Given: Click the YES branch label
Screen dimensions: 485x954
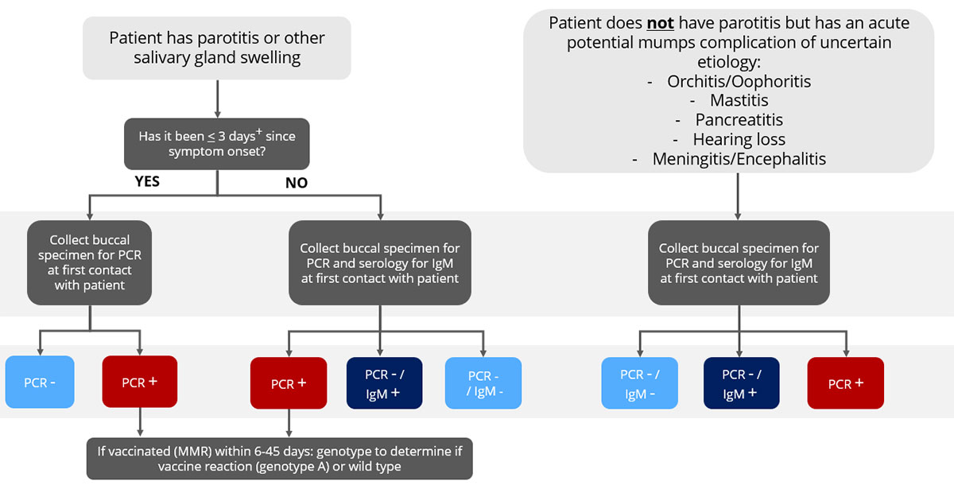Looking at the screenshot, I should pyautogui.click(x=146, y=181).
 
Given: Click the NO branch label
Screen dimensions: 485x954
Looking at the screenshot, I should pyautogui.click(x=297, y=183).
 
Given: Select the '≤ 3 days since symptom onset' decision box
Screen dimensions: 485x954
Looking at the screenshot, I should pyautogui.click(x=217, y=144).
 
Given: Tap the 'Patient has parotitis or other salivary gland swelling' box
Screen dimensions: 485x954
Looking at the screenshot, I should pyautogui.click(x=217, y=48).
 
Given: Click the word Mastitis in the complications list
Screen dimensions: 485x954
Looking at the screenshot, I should pyautogui.click(x=739, y=100).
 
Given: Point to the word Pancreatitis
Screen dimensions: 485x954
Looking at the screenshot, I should pyautogui.click(x=739, y=120).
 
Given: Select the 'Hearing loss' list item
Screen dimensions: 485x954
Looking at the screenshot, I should pyautogui.click(x=739, y=139).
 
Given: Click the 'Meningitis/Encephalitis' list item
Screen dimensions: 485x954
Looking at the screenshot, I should pyautogui.click(x=739, y=159).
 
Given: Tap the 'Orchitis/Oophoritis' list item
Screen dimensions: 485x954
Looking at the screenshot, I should pyautogui.click(x=739, y=81).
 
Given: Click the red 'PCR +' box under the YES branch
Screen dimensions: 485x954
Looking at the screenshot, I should pyautogui.click(x=140, y=382).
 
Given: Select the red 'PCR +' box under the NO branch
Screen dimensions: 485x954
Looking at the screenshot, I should pyautogui.click(x=288, y=383).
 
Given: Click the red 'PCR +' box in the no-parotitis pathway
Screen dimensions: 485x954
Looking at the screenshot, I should pyautogui.click(x=845, y=383).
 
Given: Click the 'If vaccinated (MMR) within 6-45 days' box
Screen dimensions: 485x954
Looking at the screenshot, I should pyautogui.click(x=279, y=459).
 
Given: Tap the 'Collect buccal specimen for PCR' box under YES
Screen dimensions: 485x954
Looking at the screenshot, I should pyautogui.click(x=89, y=262).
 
